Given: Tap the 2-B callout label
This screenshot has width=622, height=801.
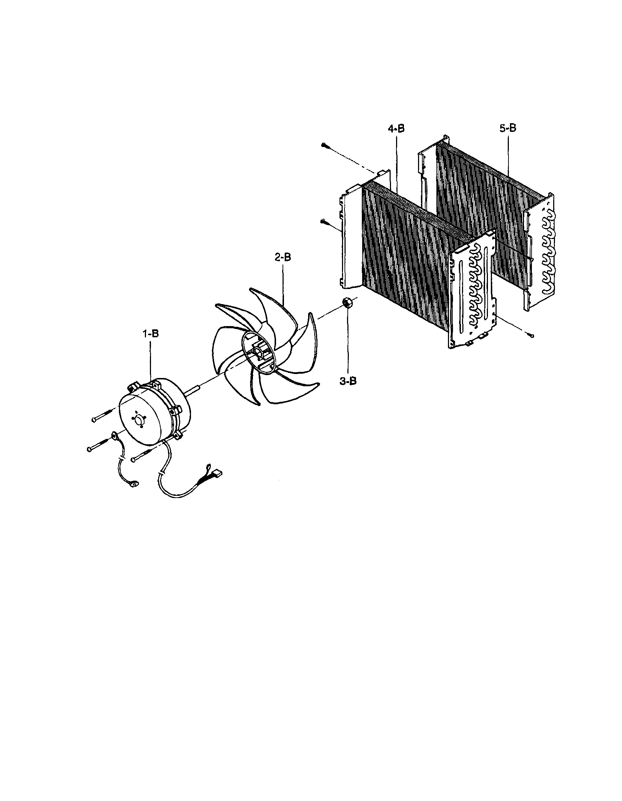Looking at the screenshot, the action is pyautogui.click(x=283, y=258).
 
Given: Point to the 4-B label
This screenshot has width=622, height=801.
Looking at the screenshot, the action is pyautogui.click(x=396, y=129).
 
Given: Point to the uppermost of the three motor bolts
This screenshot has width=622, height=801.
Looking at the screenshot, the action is pyautogui.click(x=105, y=415).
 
